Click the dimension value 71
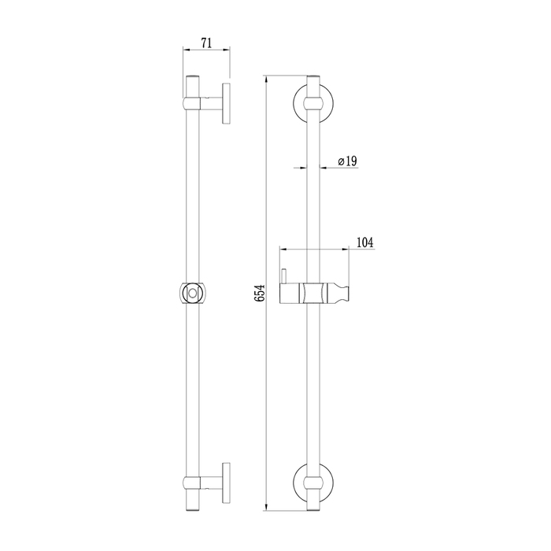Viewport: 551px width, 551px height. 206,43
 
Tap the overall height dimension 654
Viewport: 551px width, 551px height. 260,293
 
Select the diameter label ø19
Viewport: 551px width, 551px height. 348,161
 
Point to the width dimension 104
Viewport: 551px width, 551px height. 365,242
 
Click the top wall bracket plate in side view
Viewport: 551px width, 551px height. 226,103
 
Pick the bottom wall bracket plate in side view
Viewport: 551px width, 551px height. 226,483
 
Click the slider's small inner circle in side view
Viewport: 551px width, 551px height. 192,292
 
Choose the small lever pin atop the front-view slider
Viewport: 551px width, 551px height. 284,276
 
